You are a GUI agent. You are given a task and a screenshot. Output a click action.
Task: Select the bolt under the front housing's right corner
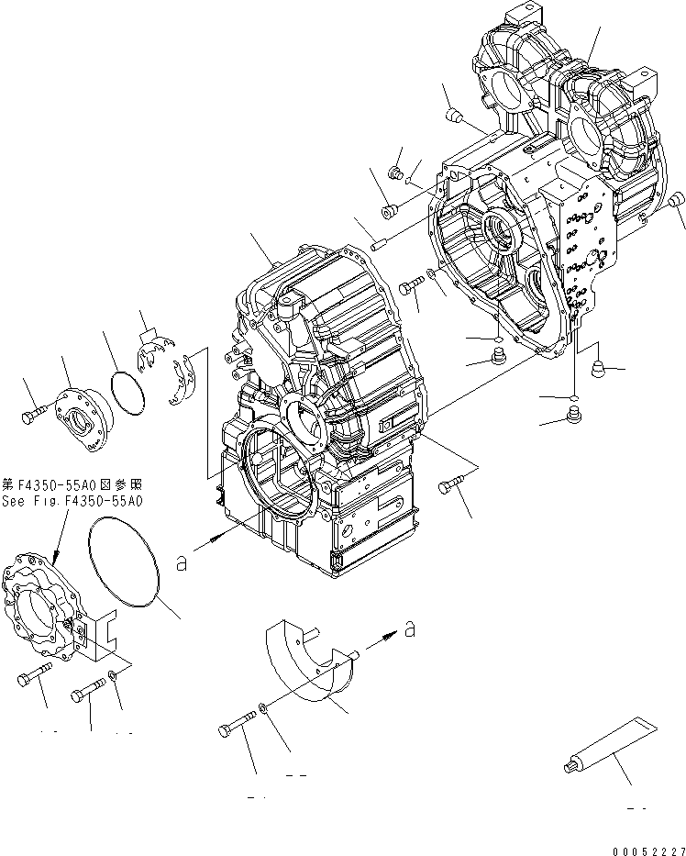pos(451,487)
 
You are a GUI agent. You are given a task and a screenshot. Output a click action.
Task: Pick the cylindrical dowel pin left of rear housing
pos(381,243)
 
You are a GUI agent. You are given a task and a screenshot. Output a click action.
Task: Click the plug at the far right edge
pos(674,200)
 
